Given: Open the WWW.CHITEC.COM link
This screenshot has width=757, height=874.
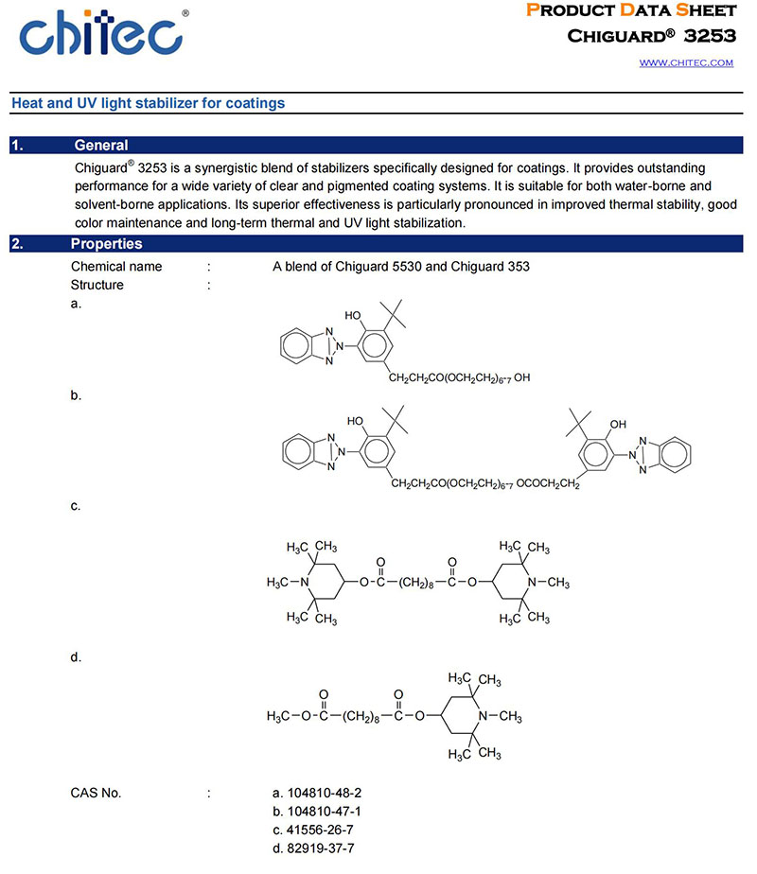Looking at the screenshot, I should [x=686, y=62].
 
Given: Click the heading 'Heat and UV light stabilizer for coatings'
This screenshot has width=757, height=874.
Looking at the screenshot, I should [x=147, y=103].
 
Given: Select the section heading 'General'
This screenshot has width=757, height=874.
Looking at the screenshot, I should [x=101, y=146].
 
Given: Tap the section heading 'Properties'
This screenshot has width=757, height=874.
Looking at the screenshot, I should [x=107, y=244].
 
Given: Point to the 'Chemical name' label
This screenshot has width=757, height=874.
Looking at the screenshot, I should [x=116, y=267].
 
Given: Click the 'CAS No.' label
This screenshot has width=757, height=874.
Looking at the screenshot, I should [x=97, y=793].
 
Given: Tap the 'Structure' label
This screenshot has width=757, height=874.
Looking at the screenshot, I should [x=97, y=285].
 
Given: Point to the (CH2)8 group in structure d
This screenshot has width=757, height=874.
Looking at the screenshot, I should [x=361, y=716].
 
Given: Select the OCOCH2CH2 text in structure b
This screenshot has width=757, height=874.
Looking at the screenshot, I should [x=554, y=484].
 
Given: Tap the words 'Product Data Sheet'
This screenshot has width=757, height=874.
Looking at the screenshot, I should [x=630, y=10].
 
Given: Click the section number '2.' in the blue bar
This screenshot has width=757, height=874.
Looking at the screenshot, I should [x=17, y=244].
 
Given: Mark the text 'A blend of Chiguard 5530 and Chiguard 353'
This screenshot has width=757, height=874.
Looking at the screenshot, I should [x=401, y=267].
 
